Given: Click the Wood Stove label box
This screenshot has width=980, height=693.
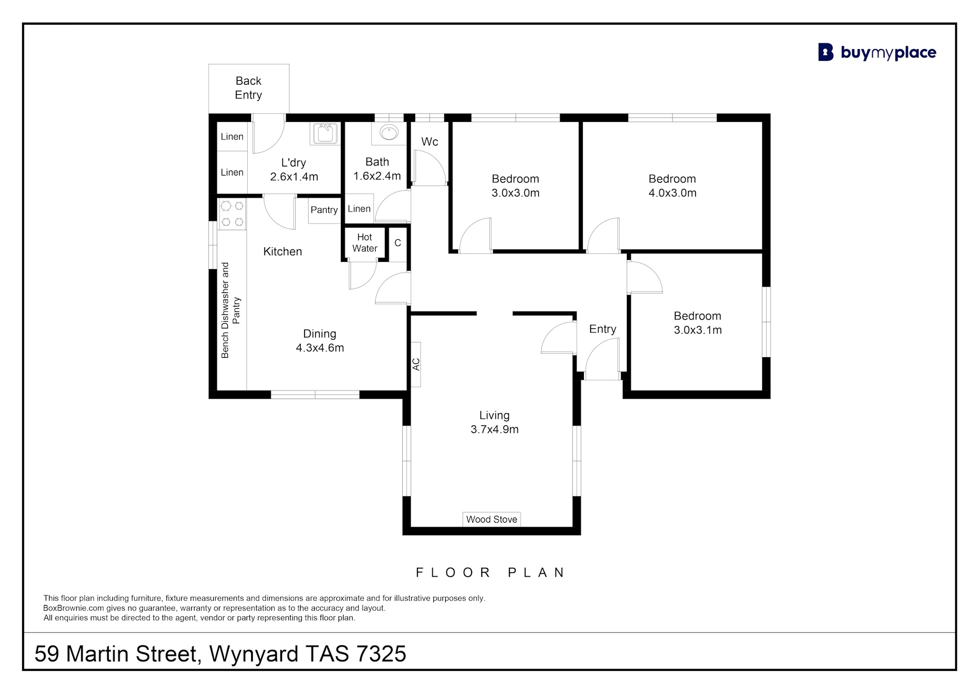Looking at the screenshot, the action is point(491,519).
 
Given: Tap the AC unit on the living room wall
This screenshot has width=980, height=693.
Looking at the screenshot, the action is point(416,365).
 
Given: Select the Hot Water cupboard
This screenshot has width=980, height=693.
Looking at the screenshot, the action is point(364,243).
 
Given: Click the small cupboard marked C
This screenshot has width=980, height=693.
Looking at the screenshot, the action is point(398,243).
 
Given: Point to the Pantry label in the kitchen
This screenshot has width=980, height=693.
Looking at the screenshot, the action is point(324,210).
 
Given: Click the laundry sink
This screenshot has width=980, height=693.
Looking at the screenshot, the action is point(324,134).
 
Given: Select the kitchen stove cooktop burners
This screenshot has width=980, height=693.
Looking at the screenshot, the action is point(232,214).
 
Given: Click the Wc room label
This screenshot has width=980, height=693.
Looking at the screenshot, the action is point(429,142).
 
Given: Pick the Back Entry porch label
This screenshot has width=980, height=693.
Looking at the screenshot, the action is point(249,88).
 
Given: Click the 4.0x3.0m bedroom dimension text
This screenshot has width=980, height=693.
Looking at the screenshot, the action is point(673,193).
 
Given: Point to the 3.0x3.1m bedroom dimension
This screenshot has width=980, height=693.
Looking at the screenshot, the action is point(698,330).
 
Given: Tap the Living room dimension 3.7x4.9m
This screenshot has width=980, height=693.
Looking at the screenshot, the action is point(495,429).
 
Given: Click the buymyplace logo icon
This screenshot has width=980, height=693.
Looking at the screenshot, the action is point(825,52).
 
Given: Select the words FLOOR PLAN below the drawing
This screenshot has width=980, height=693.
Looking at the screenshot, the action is point(490,573).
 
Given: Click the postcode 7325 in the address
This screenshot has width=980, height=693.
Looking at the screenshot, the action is point(381,654).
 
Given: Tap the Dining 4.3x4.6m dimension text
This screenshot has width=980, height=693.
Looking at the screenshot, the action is point(320,348).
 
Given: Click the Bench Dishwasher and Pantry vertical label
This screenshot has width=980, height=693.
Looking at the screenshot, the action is point(230,310).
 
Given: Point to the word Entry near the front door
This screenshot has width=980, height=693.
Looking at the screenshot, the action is point(603,329).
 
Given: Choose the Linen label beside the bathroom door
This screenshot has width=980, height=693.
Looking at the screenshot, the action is point(359,209).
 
